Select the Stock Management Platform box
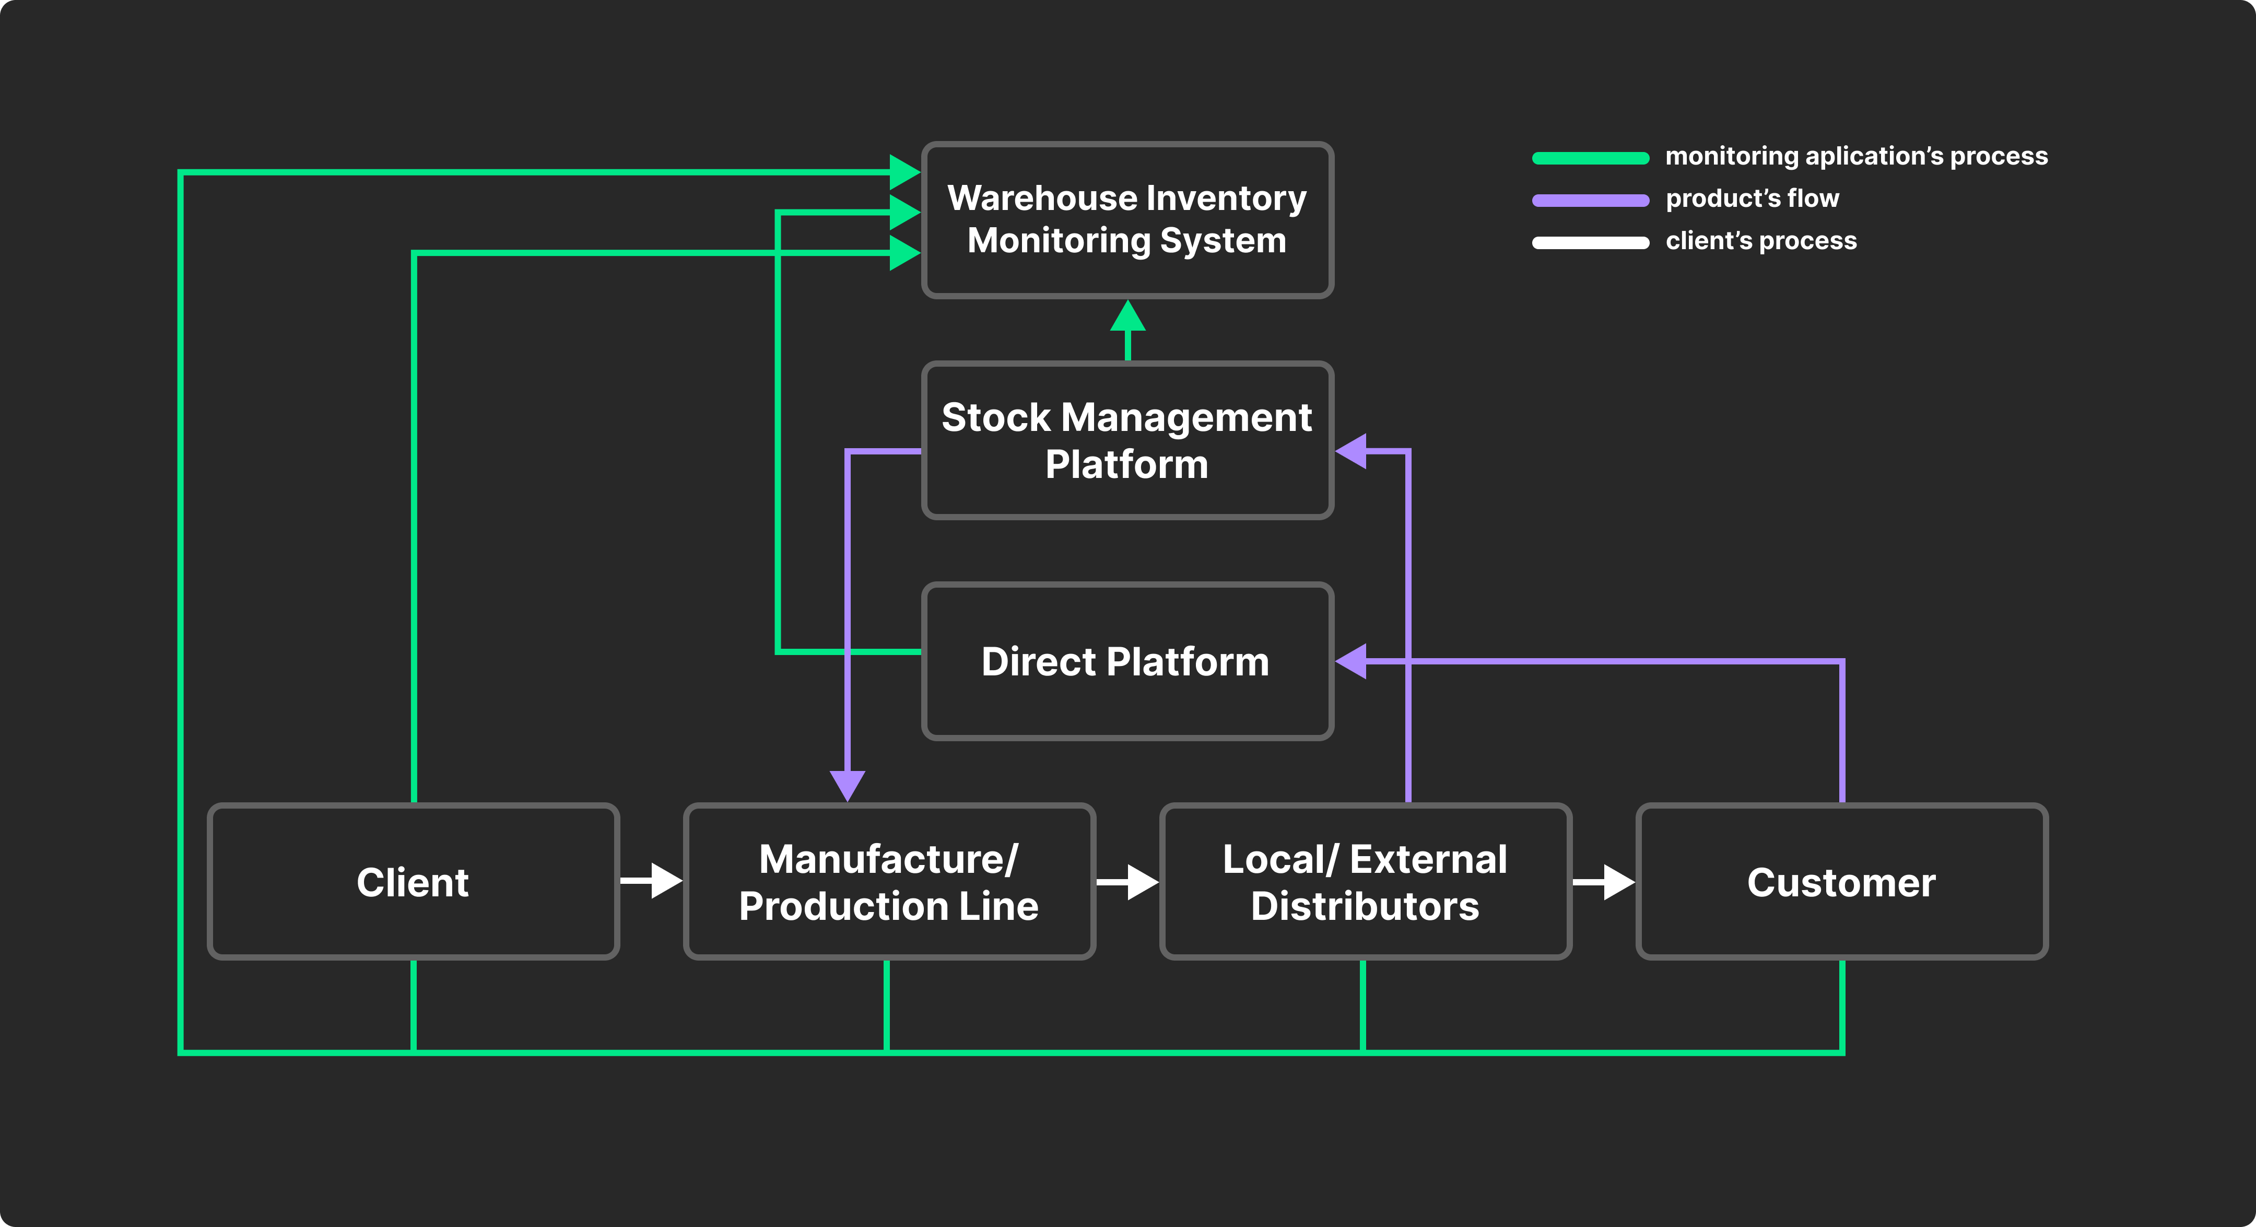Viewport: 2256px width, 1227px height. (x=1127, y=440)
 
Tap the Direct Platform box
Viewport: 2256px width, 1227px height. (x=1127, y=661)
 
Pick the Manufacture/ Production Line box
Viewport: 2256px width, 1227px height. (x=889, y=882)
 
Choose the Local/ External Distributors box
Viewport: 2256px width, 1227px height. (x=1365, y=882)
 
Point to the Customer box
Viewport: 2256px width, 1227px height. (x=1841, y=882)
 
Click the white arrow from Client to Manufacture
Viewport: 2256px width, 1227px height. (x=652, y=881)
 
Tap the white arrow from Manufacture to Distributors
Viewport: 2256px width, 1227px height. (x=1128, y=882)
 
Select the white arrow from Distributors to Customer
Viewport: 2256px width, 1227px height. (x=1604, y=882)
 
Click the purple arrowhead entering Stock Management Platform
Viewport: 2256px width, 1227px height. (x=1353, y=451)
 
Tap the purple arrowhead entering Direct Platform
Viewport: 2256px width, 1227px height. (x=1353, y=661)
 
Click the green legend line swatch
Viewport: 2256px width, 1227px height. (x=1590, y=158)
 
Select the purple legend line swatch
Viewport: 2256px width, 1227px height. (x=1590, y=200)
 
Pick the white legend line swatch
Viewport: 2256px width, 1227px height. (x=1590, y=242)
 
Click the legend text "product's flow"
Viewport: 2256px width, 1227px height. (x=1752, y=199)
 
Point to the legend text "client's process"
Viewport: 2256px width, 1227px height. (x=1760, y=241)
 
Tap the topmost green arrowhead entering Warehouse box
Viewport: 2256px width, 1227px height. (x=904, y=172)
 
